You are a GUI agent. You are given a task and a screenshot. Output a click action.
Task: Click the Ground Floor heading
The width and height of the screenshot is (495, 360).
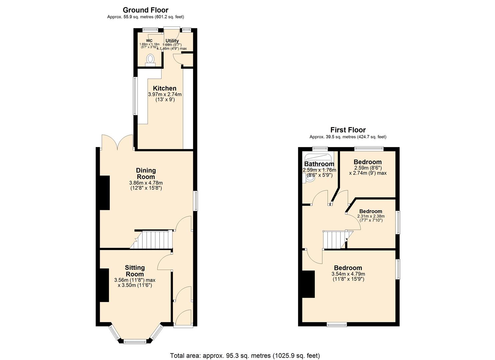coord(145,10)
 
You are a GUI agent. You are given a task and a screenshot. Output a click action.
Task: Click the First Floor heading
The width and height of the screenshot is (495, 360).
coord(348,130)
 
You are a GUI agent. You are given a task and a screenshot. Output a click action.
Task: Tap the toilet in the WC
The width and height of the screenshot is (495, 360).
coord(150,59)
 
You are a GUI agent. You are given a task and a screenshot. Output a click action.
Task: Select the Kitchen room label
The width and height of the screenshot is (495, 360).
coord(165,88)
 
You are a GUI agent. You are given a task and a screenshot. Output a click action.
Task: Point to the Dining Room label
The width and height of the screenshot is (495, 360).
coord(146,173)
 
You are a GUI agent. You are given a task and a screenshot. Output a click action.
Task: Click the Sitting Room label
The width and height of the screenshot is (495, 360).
coord(135,271)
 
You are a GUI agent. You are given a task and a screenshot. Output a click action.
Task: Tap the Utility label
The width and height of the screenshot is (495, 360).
coord(172,41)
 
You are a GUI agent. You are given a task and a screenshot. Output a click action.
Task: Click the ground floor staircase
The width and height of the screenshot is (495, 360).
coord(155,240)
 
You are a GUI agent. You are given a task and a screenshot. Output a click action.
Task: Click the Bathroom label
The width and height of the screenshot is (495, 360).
coord(319,164)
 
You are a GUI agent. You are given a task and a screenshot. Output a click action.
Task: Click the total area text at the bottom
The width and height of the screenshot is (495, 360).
coord(245,355)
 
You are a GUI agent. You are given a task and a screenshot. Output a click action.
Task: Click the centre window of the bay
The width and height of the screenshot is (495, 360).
coord(135,341)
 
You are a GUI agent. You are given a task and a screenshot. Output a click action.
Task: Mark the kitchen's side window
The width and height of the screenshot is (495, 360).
coord(135,96)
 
